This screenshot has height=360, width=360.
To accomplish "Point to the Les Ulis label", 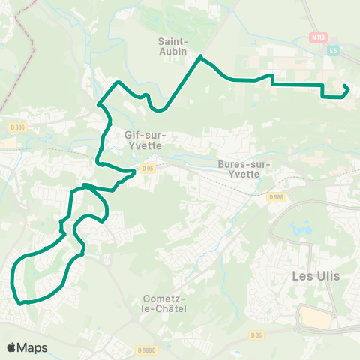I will [x=315, y=275].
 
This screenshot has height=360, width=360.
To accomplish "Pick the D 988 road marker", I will [x=275, y=196].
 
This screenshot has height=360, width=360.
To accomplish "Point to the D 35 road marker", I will [x=257, y=334].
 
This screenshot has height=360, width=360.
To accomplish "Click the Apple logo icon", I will [x=11, y=347].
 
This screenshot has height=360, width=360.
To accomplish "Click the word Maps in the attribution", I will [x=32, y=347].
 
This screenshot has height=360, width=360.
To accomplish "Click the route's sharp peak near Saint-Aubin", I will [x=201, y=56].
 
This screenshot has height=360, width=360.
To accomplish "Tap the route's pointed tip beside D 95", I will [x=136, y=172].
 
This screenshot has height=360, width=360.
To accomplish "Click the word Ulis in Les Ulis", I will [x=328, y=275].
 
